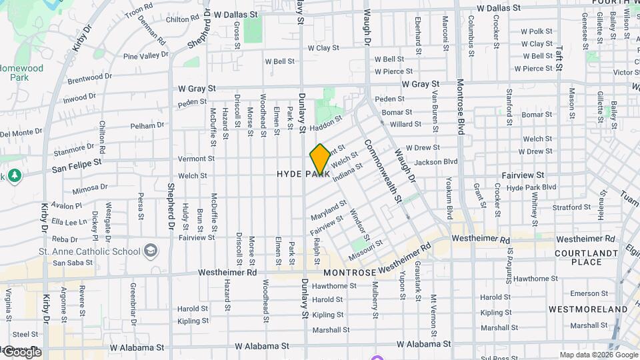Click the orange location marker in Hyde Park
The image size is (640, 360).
(319, 159)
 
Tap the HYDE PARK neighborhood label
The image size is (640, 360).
(303, 174)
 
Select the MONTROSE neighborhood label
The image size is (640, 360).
(350, 273)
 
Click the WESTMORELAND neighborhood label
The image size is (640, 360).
(587, 309)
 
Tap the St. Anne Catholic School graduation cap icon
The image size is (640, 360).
(151, 251)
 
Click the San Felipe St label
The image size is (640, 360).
(75, 162)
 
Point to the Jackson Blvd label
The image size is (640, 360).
(436, 162)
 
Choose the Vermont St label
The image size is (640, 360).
(196, 159)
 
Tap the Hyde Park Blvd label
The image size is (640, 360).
(531, 187)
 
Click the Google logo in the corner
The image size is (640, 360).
(21, 352)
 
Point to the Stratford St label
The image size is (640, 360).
(571, 207)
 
